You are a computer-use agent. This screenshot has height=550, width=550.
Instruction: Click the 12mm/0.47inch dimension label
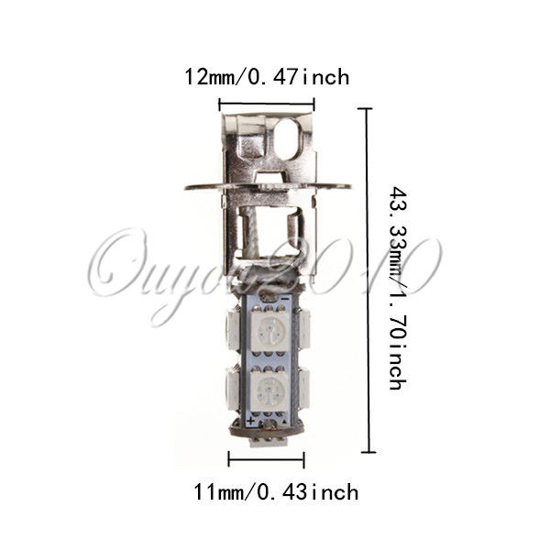coord(267,78)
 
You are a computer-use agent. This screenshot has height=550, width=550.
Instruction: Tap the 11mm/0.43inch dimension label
coord(276,492)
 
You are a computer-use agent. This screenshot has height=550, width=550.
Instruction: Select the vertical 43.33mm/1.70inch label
coord(399,288)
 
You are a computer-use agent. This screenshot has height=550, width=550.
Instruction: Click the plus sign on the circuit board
coord(251,421)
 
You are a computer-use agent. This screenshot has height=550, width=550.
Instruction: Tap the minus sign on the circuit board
coord(286,299)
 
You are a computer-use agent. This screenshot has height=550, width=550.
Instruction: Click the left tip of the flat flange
coord(185,188)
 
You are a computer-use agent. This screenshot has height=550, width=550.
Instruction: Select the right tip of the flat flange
coord(350,187)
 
